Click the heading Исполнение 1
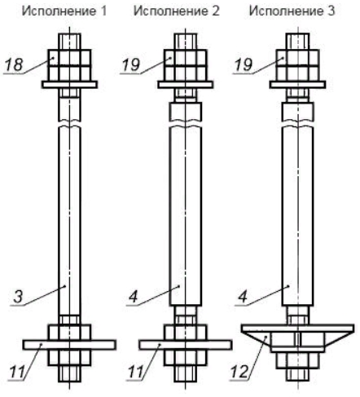coord(64,11)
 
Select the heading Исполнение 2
coord(177,11)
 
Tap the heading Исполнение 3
coord(292,11)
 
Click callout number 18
coord(14,65)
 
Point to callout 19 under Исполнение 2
coord(130,65)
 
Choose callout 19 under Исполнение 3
coord(243,65)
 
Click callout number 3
coord(18,297)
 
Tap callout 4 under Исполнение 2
coord(134,297)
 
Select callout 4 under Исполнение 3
coord(243,297)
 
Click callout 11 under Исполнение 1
coord(17,372)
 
